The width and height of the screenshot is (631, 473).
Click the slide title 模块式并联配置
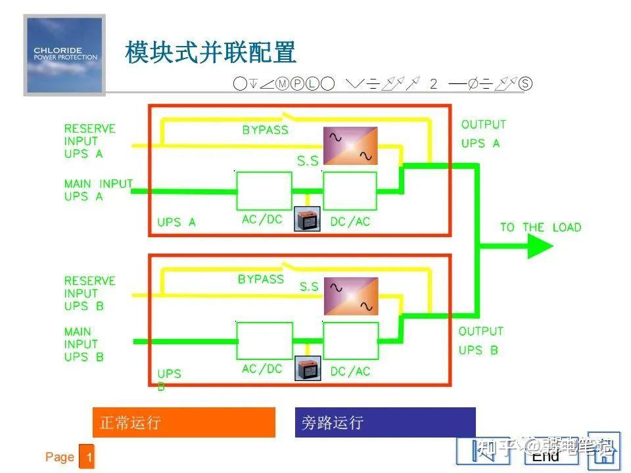click(x=210, y=53)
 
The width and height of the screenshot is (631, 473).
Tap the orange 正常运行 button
click(x=183, y=422)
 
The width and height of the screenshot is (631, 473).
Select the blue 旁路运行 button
click(x=385, y=422)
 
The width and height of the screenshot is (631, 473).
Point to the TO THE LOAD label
click(x=540, y=227)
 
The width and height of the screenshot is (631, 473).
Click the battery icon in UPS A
click(x=306, y=219)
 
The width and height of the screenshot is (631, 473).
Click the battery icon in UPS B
click(x=306, y=369)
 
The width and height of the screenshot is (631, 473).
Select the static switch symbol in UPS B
click(x=350, y=296)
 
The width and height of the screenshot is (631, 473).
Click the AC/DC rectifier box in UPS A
click(x=264, y=191)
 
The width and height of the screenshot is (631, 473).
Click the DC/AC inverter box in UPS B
click(x=350, y=340)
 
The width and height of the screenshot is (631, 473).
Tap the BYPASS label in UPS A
click(x=265, y=130)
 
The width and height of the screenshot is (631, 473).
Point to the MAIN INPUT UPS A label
click(x=98, y=190)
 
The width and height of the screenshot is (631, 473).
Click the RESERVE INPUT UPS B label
click(x=89, y=294)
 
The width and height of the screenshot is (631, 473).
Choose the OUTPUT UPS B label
click(x=480, y=341)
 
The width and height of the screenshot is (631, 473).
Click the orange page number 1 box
click(x=87, y=457)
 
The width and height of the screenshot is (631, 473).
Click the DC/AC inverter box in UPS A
click(x=350, y=191)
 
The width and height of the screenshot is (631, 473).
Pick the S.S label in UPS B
click(x=309, y=287)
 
